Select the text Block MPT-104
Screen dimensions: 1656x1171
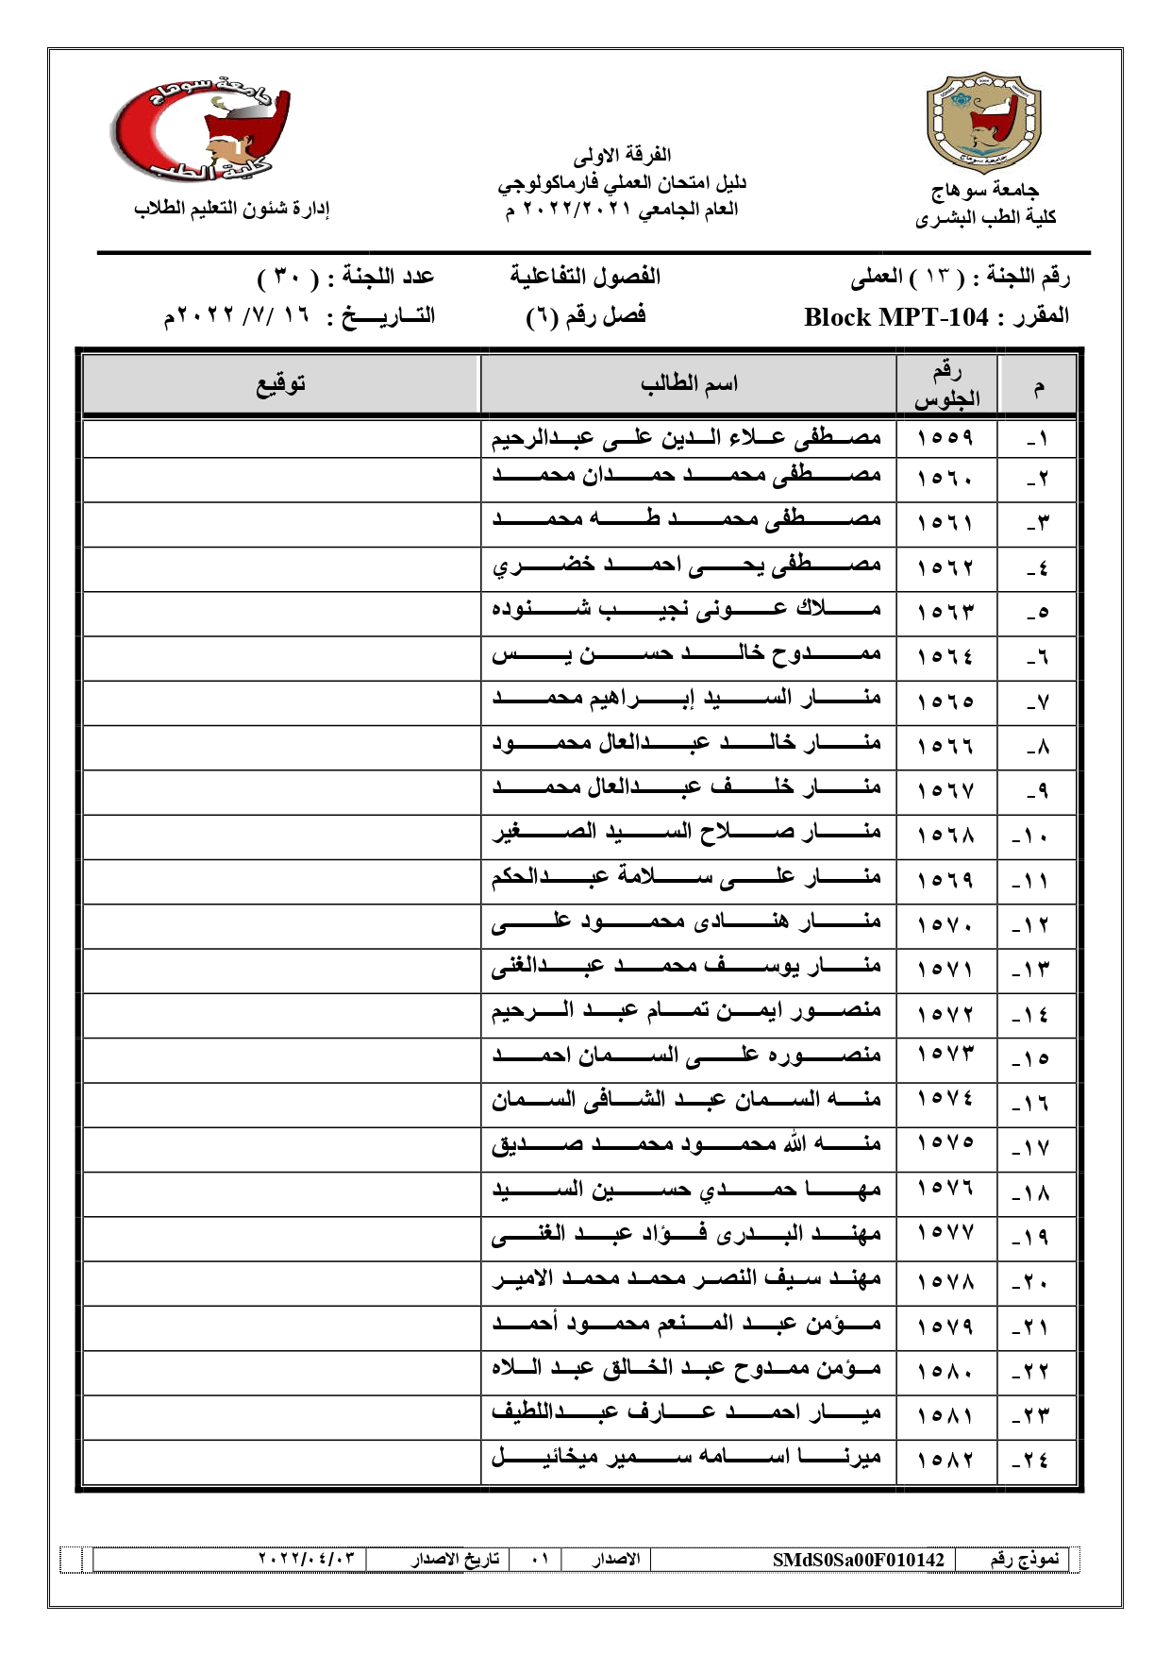coord(895,317)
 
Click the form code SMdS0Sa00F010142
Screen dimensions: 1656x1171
coord(858,1560)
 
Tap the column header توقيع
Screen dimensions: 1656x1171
coord(281,384)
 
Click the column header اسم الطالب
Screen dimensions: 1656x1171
coord(688,384)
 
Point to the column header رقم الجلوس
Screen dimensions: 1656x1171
coord(946,384)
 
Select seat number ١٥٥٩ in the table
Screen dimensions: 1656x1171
coord(945,438)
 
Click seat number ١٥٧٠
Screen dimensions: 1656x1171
coord(945,925)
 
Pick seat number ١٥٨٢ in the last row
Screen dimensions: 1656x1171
coord(945,1461)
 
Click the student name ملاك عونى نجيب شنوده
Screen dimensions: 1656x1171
coord(686,611)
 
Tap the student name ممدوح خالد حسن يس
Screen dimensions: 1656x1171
coord(686,655)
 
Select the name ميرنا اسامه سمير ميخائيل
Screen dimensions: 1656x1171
coord(686,1458)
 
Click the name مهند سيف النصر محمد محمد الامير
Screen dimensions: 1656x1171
coord(686,1279)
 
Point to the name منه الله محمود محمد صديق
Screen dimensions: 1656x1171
coord(686,1145)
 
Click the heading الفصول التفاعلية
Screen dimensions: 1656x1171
coord(585,277)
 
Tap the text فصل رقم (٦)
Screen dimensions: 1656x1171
coord(585,316)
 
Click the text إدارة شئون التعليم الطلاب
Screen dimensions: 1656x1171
coord(232,209)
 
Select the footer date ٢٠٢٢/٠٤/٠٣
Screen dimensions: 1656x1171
coord(307,1559)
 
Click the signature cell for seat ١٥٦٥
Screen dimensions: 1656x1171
coord(281,701)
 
